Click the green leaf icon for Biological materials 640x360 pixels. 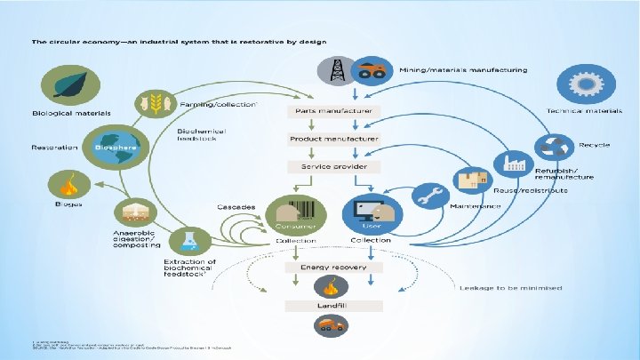[64, 88]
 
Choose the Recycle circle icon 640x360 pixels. [556, 145]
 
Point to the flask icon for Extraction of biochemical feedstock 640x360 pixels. [189, 241]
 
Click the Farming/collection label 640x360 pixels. [219, 104]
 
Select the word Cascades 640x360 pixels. [236, 206]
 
